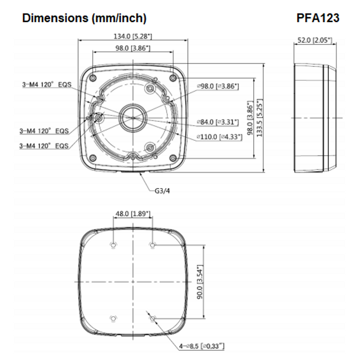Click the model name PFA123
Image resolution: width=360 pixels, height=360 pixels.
[318, 18]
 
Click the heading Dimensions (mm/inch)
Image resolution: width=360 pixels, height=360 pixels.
[84, 18]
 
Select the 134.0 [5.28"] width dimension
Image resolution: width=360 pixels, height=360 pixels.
[133, 36]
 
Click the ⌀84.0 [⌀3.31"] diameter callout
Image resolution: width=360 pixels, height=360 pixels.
[218, 122]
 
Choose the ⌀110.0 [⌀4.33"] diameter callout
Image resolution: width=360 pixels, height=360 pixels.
[219, 137]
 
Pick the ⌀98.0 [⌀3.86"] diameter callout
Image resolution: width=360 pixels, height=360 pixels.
[218, 86]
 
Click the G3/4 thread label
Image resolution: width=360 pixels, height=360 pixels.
[162, 190]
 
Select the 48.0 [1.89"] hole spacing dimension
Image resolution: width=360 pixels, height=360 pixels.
[132, 213]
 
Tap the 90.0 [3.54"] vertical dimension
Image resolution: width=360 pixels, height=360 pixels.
[199, 282]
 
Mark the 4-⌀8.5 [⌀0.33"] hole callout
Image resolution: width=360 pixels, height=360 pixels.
[202, 346]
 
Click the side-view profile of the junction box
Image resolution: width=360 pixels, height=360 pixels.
[314, 118]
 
